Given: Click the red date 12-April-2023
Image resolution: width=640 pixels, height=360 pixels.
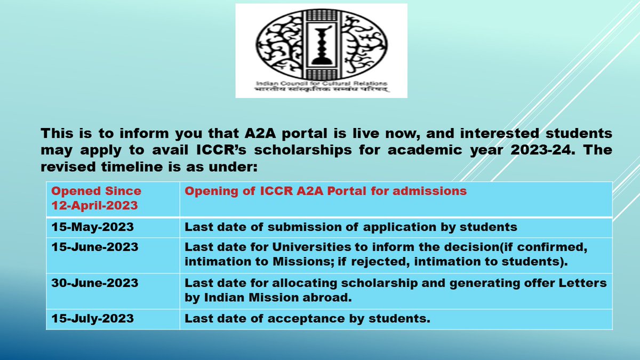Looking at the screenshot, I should [x=94, y=205].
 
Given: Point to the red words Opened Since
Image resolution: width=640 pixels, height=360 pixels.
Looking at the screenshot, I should [x=97, y=191].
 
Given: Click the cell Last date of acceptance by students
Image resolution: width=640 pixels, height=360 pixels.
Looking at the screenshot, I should [x=307, y=319].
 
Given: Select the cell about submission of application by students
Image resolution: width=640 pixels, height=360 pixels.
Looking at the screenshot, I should [x=351, y=227].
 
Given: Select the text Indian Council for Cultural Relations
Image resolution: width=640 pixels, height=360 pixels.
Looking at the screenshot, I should [x=322, y=84].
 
